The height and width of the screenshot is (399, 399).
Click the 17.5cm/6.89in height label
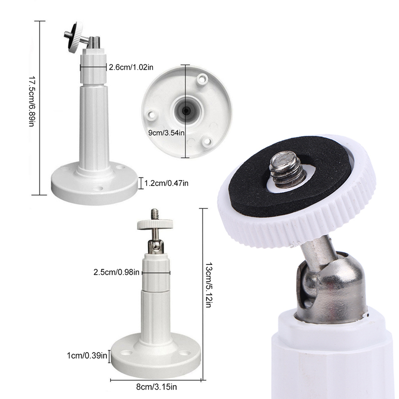tap(31, 101)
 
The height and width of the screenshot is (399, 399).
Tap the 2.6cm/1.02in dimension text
tap(131, 67)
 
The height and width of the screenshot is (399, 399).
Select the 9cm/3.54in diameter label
tap(167, 133)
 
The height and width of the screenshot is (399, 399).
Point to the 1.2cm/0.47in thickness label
tap(167, 183)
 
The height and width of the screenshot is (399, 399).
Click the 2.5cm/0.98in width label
tap(116, 272)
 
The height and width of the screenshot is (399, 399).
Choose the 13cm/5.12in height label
tap(208, 285)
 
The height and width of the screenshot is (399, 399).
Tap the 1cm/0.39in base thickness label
tap(87, 355)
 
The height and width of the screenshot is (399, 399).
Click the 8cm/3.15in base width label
tap(156, 387)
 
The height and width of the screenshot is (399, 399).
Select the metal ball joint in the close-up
tap(331, 285)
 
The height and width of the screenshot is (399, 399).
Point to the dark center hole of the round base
tap(187, 110)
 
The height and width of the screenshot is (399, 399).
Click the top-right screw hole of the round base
tap(202, 79)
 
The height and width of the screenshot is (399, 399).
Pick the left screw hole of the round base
tap(151, 115)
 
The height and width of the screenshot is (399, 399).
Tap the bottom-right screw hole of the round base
tap(207, 141)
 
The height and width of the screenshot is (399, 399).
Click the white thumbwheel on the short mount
tap(155, 224)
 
